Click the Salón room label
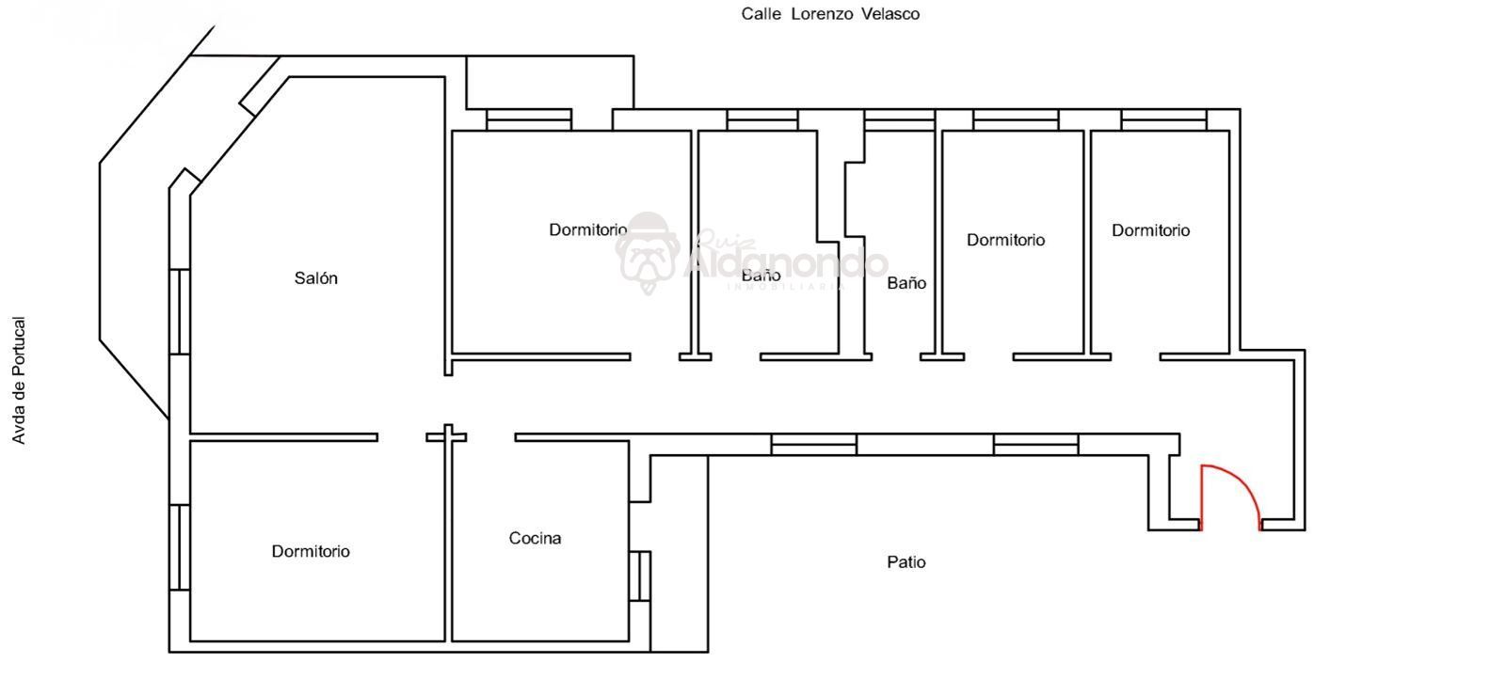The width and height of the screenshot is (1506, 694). tap(315, 278)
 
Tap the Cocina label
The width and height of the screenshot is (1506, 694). tap(535, 538)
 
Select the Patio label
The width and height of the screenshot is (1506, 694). tap(905, 561)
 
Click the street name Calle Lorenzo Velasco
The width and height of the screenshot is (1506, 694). tap(830, 14)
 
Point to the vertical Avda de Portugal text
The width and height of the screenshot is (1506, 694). tap(19, 380)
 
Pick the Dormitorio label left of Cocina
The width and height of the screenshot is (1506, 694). tap(310, 552)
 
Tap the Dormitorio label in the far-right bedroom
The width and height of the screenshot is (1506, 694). tap(1150, 230)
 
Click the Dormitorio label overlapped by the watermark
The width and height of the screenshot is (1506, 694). tap(587, 229)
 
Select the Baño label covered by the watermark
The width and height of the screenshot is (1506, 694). tap(761, 276)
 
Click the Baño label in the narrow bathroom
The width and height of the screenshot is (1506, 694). tap(906, 283)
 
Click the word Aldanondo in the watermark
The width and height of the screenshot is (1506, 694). tap(785, 262)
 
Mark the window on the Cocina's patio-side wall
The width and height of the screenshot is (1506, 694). tap(640, 576)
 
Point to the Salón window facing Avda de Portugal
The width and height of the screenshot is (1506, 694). tap(180, 311)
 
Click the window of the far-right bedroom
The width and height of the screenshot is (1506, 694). tap(1163, 119)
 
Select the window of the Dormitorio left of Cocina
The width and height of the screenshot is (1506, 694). tap(180, 547)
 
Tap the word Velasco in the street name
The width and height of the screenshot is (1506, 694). tap(890, 14)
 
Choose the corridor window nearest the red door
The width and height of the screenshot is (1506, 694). tap(1036, 445)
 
